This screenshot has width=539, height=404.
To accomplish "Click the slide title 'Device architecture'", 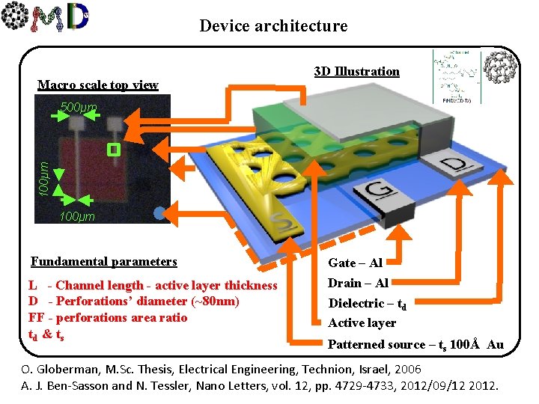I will coord(273,26).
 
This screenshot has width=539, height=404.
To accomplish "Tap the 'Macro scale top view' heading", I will coord(98,85).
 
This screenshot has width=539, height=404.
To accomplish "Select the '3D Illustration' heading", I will coord(357,71).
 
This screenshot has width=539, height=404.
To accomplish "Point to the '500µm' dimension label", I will coord(79,108).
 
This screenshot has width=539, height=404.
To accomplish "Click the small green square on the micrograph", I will coord(113,150).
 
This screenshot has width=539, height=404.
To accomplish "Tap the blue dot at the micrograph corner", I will coord(158,213).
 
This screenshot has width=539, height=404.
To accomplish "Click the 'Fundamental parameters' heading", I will coord(104,262).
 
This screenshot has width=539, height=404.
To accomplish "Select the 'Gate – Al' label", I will coord(356,263).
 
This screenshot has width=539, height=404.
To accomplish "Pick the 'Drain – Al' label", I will coord(359,283).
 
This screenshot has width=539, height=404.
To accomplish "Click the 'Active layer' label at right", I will coord(362,322).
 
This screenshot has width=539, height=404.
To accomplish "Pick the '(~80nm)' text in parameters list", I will coord(213,302).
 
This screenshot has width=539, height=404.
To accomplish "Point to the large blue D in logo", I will coord(78,17).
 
